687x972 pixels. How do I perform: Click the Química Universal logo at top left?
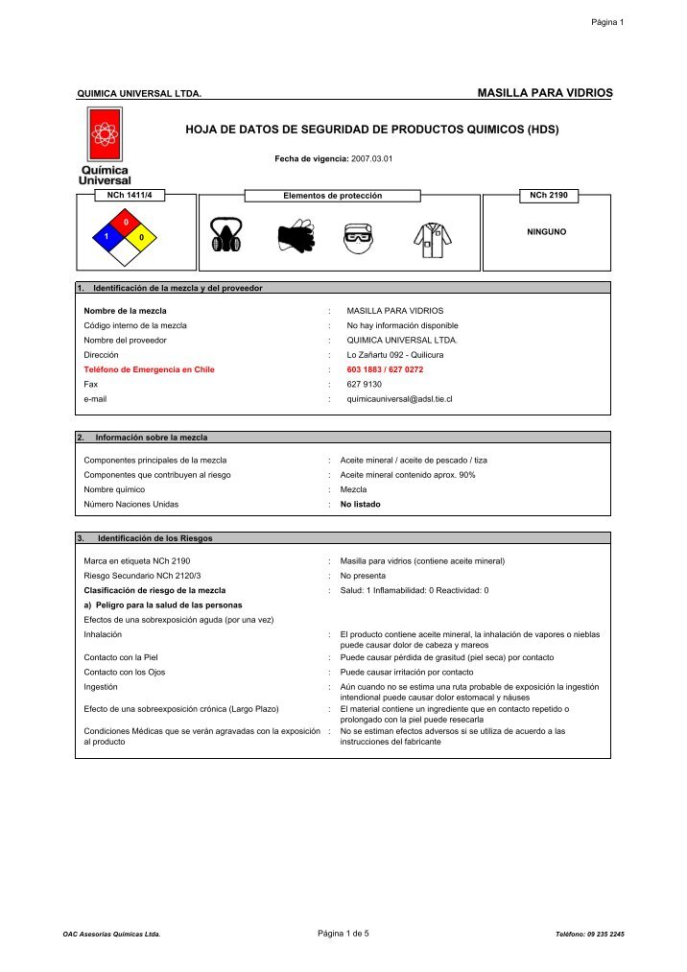105,146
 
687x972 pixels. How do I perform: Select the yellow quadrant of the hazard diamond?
141,236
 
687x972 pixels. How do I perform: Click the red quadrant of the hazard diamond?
126,223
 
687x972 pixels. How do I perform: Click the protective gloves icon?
296,233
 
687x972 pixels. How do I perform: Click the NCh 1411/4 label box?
130,195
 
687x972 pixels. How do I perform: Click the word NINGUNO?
547,231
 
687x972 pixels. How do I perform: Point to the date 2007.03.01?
372,157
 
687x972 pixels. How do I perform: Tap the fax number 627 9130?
364,383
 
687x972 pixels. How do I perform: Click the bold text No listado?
361,503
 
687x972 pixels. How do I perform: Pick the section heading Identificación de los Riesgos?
154,538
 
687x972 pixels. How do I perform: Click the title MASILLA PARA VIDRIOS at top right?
543,92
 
